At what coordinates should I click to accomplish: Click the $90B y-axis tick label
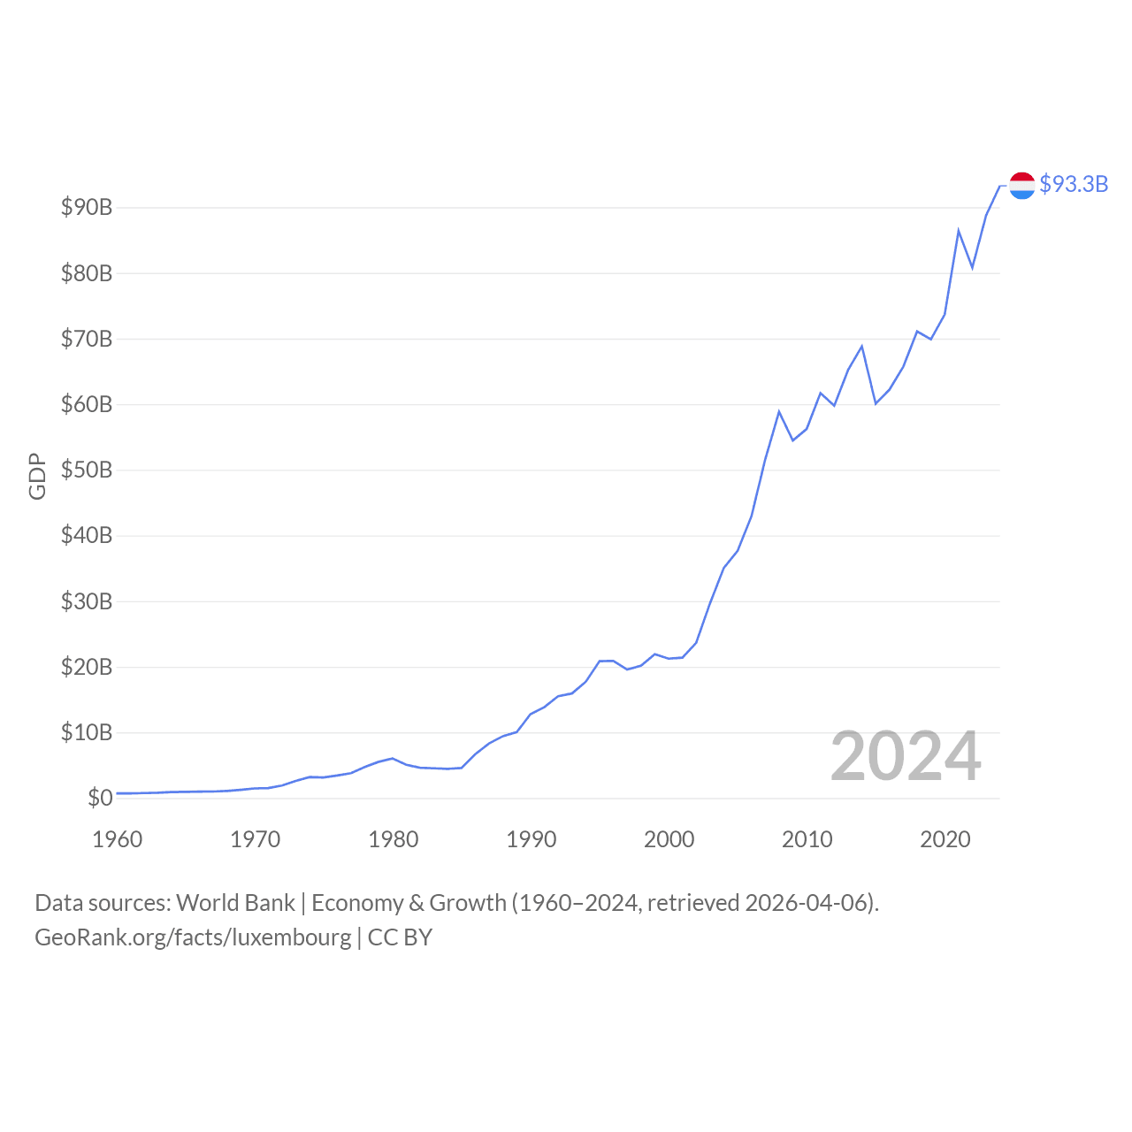pos(87,208)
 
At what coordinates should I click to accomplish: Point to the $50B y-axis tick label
pos(87,470)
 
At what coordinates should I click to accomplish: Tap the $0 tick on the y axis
pos(100,799)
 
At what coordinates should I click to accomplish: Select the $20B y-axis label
pos(87,667)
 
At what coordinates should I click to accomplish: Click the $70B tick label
pos(87,339)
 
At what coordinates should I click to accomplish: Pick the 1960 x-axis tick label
pos(118,839)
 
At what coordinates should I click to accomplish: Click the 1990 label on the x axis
pos(532,839)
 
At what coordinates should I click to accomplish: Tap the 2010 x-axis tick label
pos(807,839)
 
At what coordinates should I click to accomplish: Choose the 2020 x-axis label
pos(945,839)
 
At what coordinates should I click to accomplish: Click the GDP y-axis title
pos(37,476)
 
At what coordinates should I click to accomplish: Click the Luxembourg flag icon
pos(1022,186)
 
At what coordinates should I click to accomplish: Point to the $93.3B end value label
pos(1074,184)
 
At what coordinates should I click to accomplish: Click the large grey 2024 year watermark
pos(906,757)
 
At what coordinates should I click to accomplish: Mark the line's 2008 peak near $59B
pos(779,411)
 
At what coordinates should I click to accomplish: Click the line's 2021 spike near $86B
pos(959,231)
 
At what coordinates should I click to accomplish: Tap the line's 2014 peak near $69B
pos(862,346)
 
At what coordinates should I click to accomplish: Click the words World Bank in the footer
pos(235,903)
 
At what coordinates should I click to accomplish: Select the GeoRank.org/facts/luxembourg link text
pos(193,937)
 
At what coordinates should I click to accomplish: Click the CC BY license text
pos(400,937)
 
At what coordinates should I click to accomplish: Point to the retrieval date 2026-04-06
pos(808,903)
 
